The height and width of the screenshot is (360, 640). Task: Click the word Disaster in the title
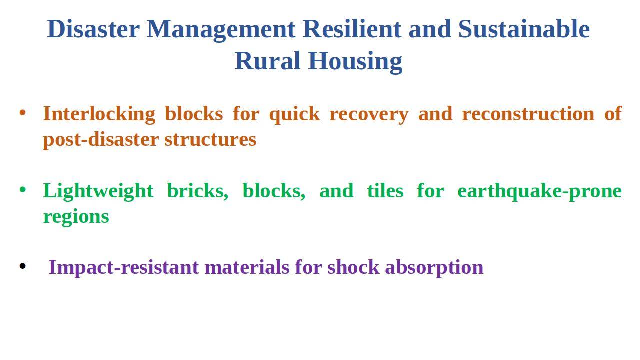(93, 29)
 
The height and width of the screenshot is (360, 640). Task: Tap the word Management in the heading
(221, 30)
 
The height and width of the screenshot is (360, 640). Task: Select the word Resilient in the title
(352, 29)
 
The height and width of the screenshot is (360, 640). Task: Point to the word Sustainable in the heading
(524, 29)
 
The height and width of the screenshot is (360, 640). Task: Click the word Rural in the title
(267, 61)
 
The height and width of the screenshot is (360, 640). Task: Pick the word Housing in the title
(355, 62)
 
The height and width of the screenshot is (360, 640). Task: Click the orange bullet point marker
(23, 113)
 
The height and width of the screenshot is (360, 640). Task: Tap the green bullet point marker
(23, 189)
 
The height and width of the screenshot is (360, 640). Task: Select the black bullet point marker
(23, 266)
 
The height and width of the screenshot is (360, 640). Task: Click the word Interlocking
(99, 114)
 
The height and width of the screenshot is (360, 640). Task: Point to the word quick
(295, 114)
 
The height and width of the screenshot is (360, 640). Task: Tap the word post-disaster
(101, 140)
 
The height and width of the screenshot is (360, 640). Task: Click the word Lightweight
(98, 191)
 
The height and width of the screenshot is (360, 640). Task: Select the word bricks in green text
(197, 191)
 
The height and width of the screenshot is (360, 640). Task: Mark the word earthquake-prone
(539, 191)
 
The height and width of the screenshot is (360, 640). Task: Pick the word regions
(76, 217)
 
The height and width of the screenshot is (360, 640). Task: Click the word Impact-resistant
(124, 268)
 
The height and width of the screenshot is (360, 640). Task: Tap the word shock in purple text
(353, 267)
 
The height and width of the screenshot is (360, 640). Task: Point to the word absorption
(434, 268)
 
